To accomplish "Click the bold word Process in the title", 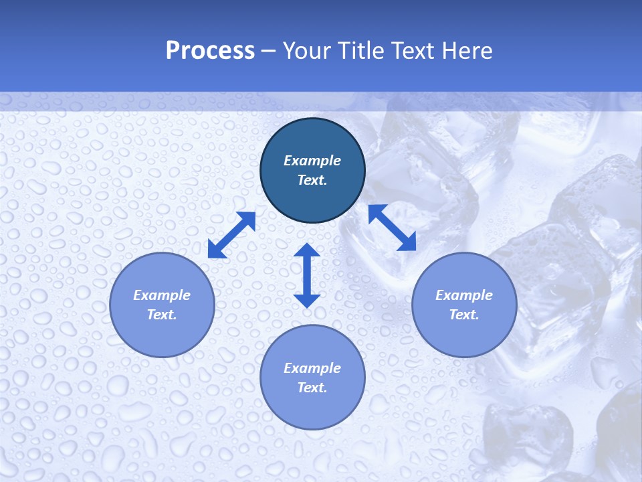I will (210, 50).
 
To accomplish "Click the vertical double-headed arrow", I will (307, 276).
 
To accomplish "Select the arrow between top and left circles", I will (231, 235).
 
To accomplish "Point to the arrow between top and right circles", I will (393, 228).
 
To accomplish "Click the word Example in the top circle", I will (312, 161).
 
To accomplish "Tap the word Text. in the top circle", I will (312, 180).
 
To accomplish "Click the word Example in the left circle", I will (162, 295).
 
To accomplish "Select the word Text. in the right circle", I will (464, 315).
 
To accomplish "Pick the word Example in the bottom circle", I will (312, 368).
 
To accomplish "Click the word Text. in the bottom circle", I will (312, 388).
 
